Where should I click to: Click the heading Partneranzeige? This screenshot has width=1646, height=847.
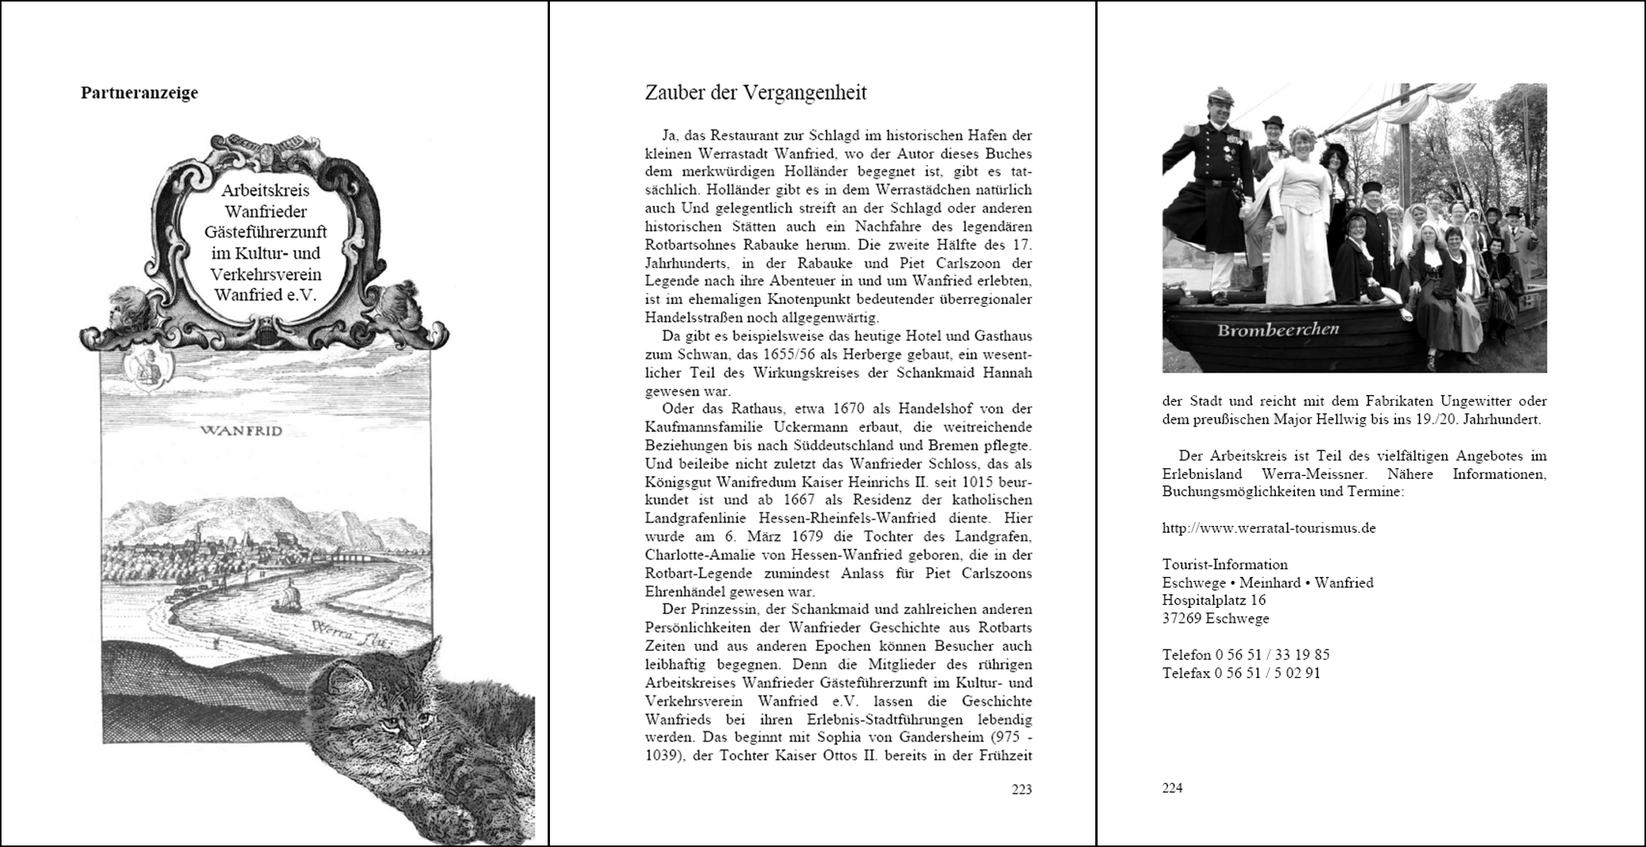coord(139,93)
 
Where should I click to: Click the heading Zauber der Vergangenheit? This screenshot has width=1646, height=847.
coord(755,93)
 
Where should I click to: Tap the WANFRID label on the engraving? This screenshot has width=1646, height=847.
coord(241,430)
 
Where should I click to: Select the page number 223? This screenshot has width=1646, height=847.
coord(1021,789)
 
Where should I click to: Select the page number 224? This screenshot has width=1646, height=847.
coord(1172,788)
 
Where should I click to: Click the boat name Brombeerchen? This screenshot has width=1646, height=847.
coord(1277,330)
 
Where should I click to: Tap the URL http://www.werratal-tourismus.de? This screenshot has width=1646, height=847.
coord(1269,528)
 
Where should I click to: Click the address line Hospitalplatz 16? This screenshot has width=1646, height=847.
coord(1213,600)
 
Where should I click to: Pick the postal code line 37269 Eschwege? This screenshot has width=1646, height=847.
coord(1215,618)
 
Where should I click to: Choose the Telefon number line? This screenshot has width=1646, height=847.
coord(1246,655)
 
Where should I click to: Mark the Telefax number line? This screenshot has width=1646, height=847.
coord(1241,673)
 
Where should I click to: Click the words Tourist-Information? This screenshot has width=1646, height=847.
coord(1225,565)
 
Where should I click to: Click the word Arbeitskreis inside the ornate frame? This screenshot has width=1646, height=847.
coord(265,191)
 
